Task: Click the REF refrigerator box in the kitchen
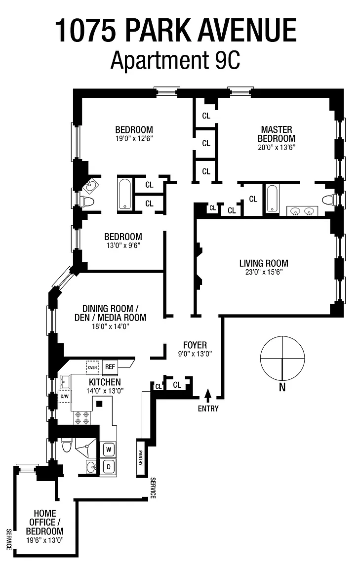coord(110,366)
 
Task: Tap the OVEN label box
coord(92,367)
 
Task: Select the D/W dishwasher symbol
coord(64,396)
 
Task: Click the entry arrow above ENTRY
coord(208,394)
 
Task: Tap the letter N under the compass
coord(282,388)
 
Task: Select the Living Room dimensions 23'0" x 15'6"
coord(264,272)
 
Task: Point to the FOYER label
coord(195,345)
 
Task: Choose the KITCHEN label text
coord(104,382)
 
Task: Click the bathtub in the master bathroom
coord(273,199)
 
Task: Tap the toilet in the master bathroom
coord(330,200)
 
